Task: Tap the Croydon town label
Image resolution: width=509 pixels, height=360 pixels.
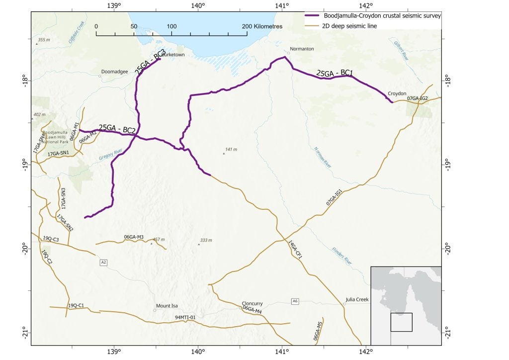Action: pyautogui.click(x=397, y=93)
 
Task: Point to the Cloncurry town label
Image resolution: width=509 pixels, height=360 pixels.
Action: pyautogui.click(x=252, y=303)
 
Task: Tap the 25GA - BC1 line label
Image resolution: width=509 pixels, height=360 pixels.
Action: pyautogui.click(x=335, y=74)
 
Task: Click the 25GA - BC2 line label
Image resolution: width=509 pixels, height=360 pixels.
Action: pyautogui.click(x=117, y=128)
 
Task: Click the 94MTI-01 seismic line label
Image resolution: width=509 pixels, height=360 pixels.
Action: pyautogui.click(x=185, y=317)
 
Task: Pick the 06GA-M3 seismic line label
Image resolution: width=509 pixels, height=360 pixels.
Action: pyautogui.click(x=134, y=237)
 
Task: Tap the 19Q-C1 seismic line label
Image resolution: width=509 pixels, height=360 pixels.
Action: pyautogui.click(x=76, y=305)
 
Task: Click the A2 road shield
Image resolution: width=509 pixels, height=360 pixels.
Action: pyautogui.click(x=103, y=262)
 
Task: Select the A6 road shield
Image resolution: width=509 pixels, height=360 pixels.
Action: pyautogui.click(x=295, y=301)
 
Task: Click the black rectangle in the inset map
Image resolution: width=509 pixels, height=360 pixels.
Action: pyautogui.click(x=401, y=322)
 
